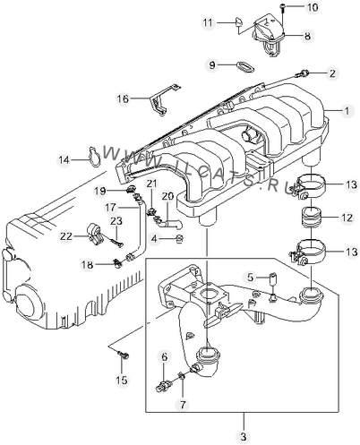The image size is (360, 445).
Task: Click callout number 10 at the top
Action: tap(313, 7)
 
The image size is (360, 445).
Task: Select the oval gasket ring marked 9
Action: tap(244, 67)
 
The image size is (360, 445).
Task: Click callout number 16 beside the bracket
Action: tap(123, 98)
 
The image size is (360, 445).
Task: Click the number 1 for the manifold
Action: tap(347, 111)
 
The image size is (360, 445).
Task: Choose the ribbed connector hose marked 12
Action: tap(311, 218)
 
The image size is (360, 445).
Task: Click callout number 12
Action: tap(347, 218)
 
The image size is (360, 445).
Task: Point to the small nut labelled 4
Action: tap(180, 238)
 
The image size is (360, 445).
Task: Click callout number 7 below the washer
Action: tap(183, 404)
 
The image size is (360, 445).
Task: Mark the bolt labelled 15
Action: tap(124, 355)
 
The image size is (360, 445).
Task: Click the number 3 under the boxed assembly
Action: tap(244, 437)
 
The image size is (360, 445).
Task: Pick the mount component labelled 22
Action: tap(95, 235)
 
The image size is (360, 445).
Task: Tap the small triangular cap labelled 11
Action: tap(239, 21)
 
